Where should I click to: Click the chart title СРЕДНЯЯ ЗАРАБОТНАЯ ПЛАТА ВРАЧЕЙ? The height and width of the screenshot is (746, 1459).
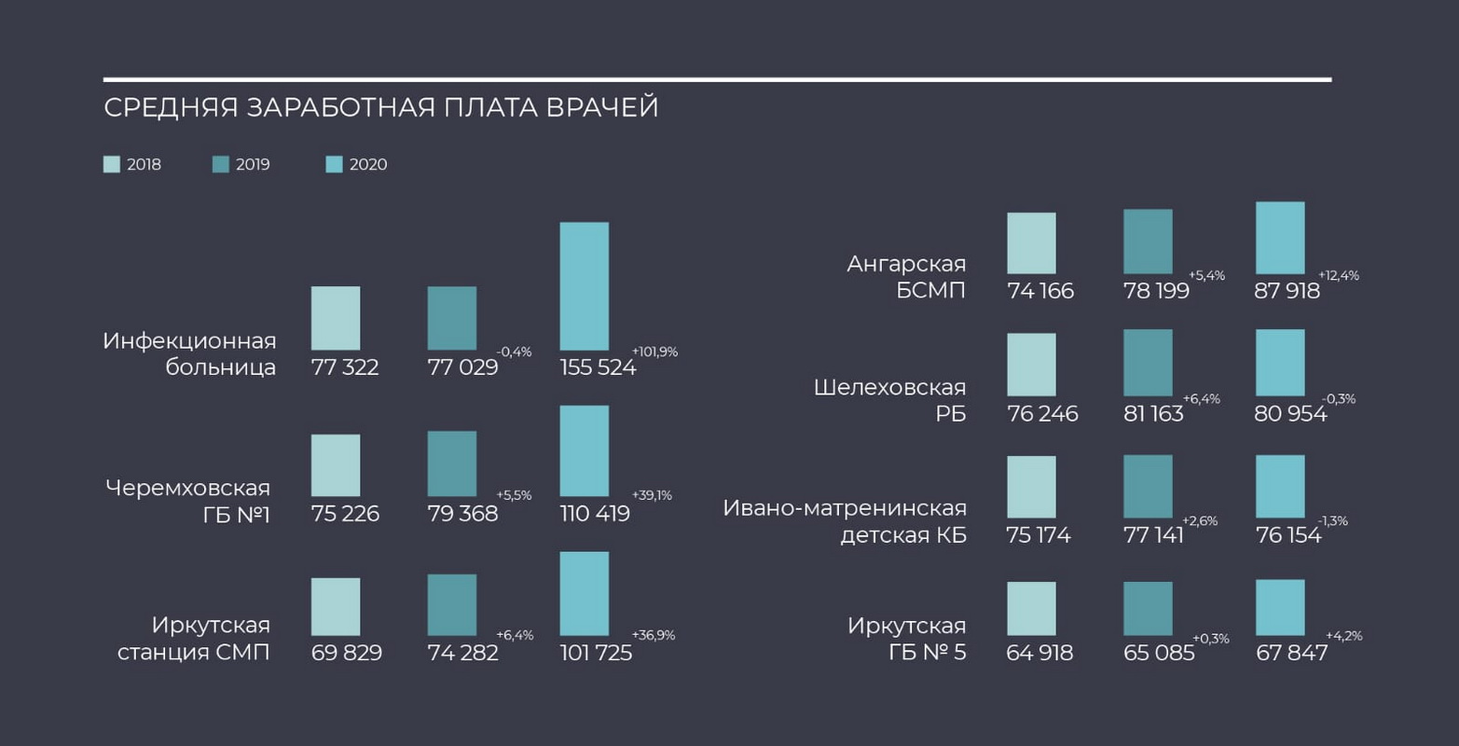coord(380,107)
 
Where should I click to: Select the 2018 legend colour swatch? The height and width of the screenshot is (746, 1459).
coord(112,165)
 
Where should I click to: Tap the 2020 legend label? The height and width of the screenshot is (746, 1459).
coord(368,165)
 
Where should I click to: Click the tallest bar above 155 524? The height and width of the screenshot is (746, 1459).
coord(585,285)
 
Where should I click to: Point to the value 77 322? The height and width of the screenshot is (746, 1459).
coord(345,367)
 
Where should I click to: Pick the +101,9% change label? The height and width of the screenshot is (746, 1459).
coord(654,352)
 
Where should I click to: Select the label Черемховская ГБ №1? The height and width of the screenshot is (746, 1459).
coord(188,501)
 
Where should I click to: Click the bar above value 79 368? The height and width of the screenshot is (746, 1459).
coord(452,463)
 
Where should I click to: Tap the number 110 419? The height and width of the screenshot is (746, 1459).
coord(595,514)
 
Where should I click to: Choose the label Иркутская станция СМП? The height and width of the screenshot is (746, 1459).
coord(194,638)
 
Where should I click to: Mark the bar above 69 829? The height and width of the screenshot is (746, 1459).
coord(336,606)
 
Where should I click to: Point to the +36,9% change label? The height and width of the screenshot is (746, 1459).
coord(653,636)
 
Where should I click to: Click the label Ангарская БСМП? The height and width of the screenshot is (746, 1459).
coord(906,277)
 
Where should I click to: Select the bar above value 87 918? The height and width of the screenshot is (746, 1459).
coord(1280,238)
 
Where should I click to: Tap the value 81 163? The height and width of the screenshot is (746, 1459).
coord(1153,414)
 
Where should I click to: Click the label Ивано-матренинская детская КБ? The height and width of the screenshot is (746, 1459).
coord(845,521)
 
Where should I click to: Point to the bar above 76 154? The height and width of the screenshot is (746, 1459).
coord(1280,486)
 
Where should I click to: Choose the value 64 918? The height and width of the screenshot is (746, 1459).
coord(1039,653)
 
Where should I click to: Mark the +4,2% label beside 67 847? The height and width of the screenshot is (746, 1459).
coord(1343,637)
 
